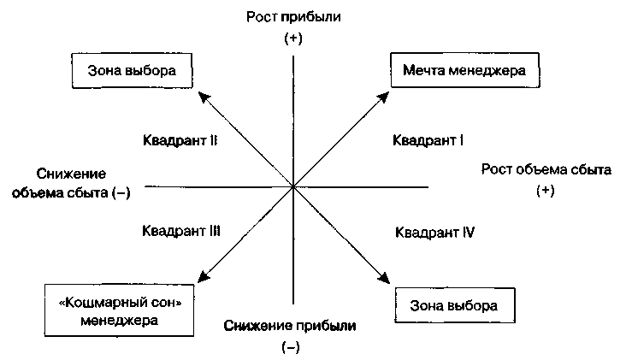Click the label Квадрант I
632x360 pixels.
pyautogui.click(x=428, y=139)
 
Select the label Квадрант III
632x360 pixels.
pyautogui.click(x=182, y=231)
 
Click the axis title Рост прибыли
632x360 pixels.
pyautogui.click(x=293, y=17)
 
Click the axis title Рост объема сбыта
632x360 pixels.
pyautogui.click(x=546, y=169)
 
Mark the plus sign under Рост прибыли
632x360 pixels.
pyautogui.click(x=293, y=39)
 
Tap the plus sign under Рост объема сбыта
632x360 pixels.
pyautogui.click(x=546, y=192)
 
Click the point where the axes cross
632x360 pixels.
pyautogui.click(x=293, y=186)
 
